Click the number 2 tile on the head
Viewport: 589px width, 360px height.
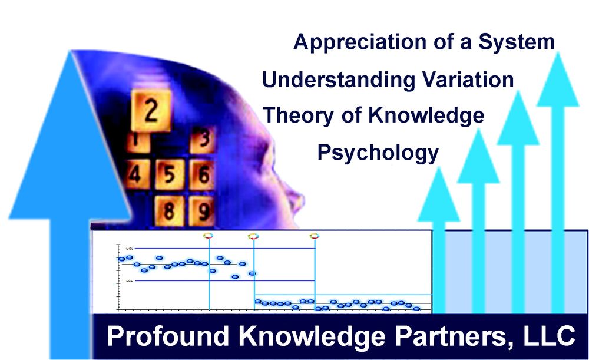pyautogui.click(x=151, y=110)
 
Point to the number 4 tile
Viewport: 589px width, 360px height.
pyautogui.click(x=136, y=175)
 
